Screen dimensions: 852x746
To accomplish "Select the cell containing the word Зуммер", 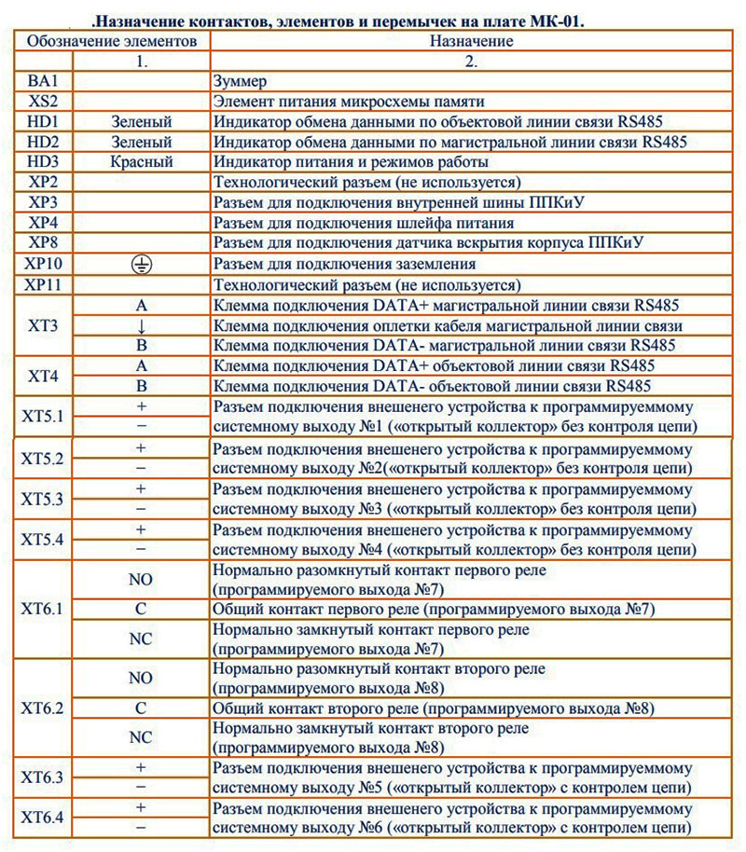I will pyautogui.click(x=242, y=81).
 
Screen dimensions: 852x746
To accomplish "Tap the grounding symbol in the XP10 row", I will pyautogui.click(x=142, y=264).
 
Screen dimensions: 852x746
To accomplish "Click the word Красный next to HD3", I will pyautogui.click(x=142, y=162).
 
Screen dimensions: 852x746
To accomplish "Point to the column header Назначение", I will pyautogui.click(x=472, y=41).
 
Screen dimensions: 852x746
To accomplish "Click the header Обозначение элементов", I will pyautogui.click(x=112, y=41).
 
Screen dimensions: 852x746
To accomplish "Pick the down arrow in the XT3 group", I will pyautogui.click(x=142, y=325).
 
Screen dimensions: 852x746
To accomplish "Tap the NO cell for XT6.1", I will pyautogui.click(x=142, y=579).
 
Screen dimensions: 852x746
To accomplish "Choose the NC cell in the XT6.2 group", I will pyautogui.click(x=142, y=737).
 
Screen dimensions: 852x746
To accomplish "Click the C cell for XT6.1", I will pyautogui.click(x=142, y=609).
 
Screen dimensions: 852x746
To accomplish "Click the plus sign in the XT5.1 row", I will pyautogui.click(x=142, y=406).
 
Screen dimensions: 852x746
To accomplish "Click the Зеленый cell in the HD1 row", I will pyautogui.click(x=142, y=122).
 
